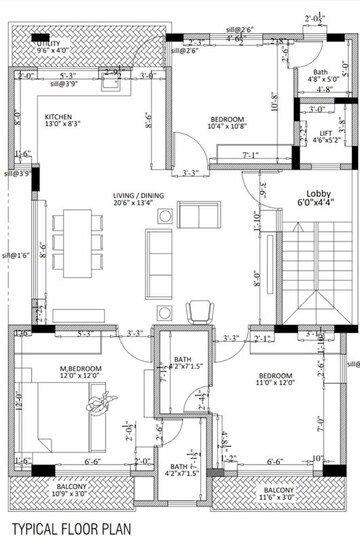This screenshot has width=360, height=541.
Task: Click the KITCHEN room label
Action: click(x=59, y=117)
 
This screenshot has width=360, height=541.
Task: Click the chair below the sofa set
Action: click(x=198, y=310)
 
